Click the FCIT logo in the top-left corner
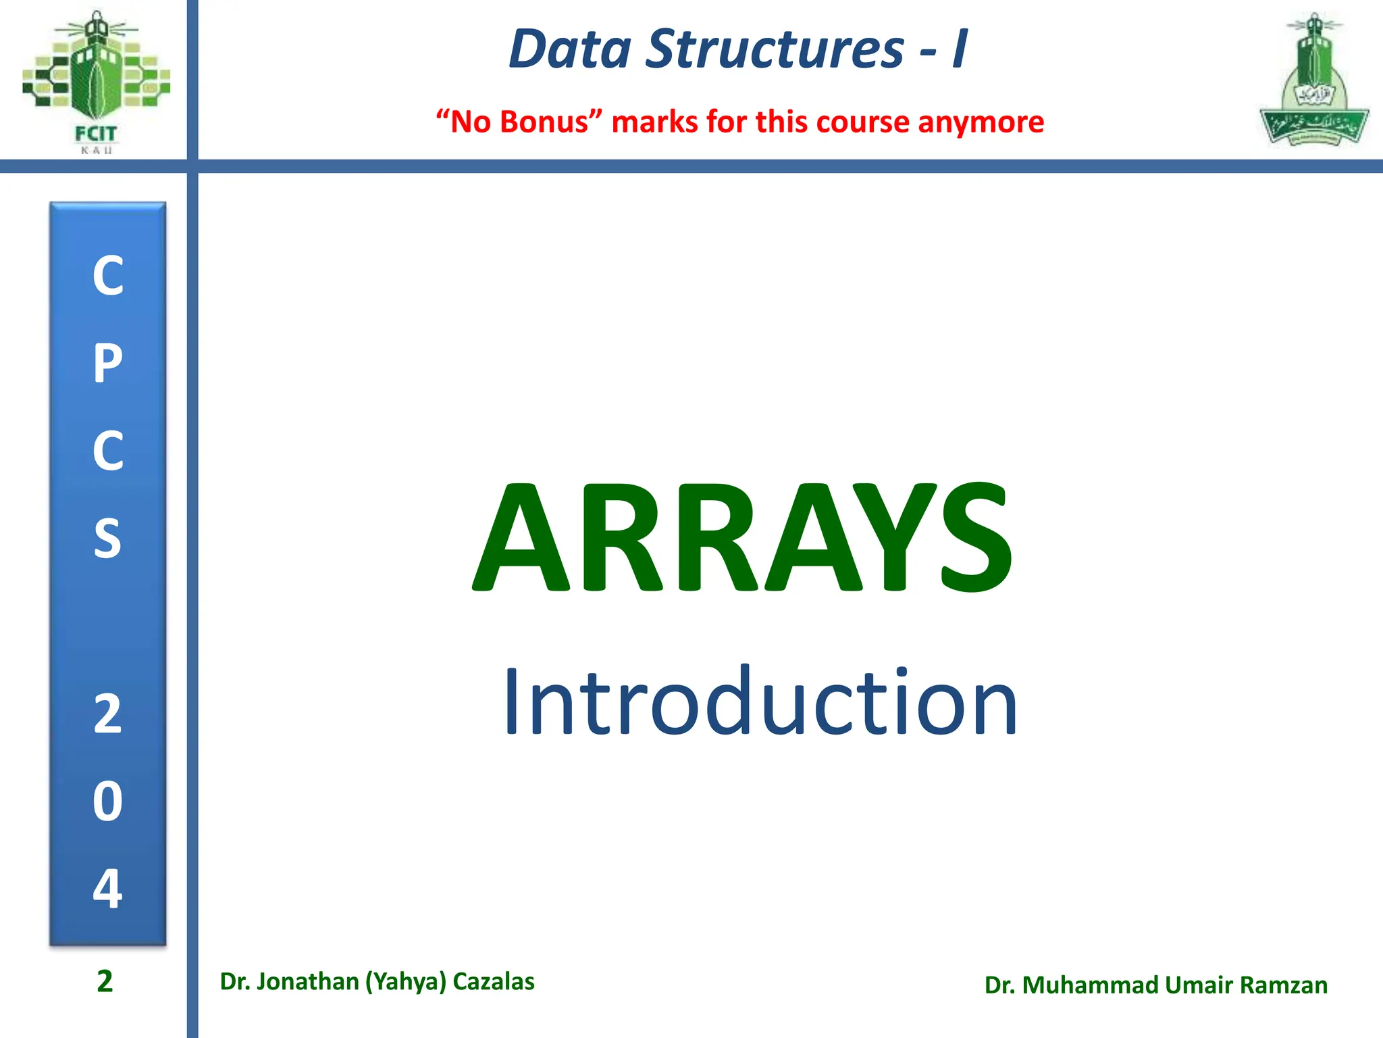(96, 81)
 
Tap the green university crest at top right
(1313, 81)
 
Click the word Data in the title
(570, 49)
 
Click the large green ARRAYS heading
(743, 537)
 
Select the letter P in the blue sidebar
(108, 364)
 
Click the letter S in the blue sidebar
(108, 539)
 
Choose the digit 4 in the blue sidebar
(108, 889)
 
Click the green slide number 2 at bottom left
(105, 981)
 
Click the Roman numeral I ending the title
(960, 49)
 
